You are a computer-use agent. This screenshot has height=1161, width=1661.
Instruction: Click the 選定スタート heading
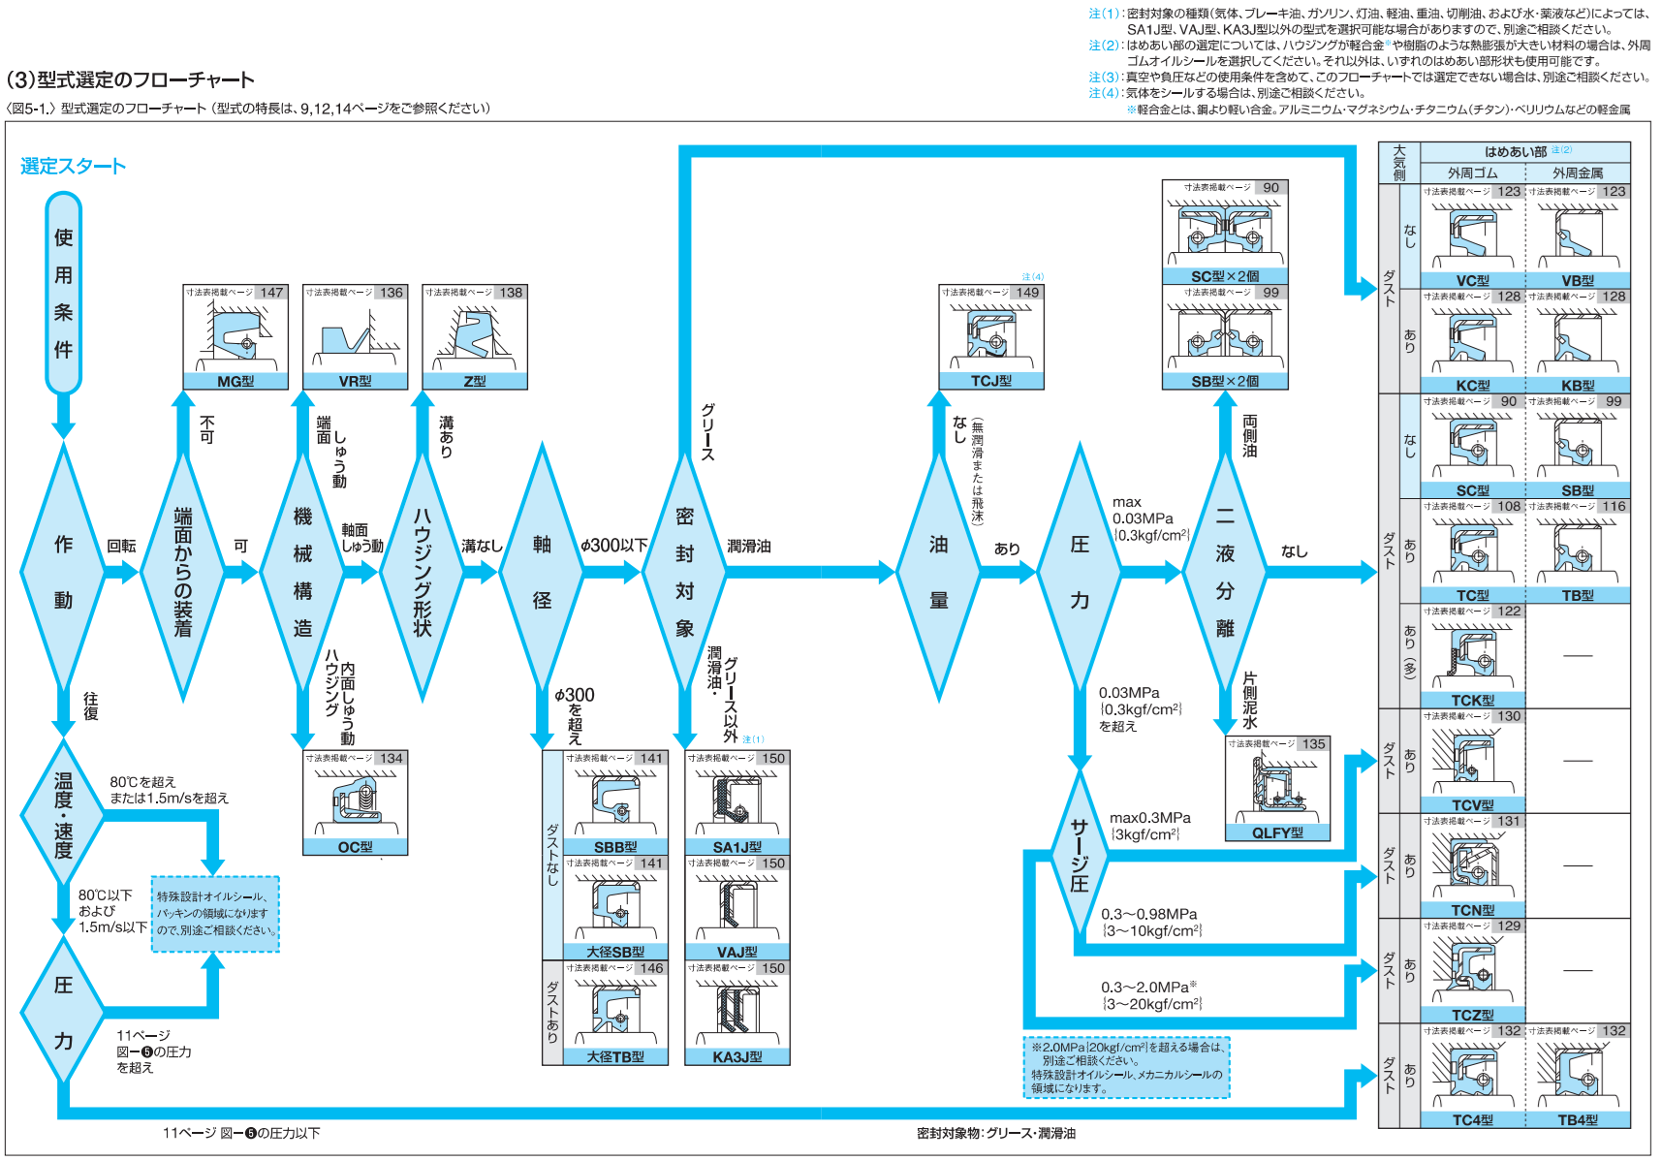pyautogui.click(x=74, y=166)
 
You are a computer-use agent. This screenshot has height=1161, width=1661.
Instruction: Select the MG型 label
pyautogui.click(x=235, y=382)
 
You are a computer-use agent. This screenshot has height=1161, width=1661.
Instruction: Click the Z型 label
pyautogui.click(x=475, y=382)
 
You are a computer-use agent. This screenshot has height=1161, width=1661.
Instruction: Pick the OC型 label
pyautogui.click(x=355, y=847)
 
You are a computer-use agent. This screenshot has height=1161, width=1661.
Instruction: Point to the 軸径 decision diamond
pyautogui.click(x=542, y=572)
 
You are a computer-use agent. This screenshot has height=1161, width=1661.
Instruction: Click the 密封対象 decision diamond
pyautogui.click(x=684, y=572)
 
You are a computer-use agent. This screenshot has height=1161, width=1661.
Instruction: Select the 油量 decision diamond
pyautogui.click(x=938, y=572)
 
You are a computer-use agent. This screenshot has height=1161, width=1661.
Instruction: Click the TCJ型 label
pyautogui.click(x=991, y=382)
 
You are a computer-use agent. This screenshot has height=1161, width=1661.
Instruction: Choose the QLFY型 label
pyautogui.click(x=1277, y=832)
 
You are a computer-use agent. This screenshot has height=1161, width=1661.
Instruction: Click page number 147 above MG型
pyautogui.click(x=272, y=293)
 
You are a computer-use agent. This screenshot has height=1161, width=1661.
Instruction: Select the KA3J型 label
pyautogui.click(x=737, y=1057)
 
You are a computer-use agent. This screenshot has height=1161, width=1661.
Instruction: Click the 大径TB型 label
pyautogui.click(x=615, y=1057)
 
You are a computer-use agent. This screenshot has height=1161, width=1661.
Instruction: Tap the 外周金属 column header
pyautogui.click(x=1578, y=173)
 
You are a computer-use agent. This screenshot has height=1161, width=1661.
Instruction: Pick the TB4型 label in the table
pyautogui.click(x=1578, y=1120)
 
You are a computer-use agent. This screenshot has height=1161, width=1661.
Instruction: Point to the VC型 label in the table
pyautogui.click(x=1473, y=281)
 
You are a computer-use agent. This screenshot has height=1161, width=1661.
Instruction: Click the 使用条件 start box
pyautogui.click(x=63, y=293)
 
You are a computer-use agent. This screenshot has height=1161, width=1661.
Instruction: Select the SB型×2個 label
pyautogui.click(x=1225, y=382)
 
